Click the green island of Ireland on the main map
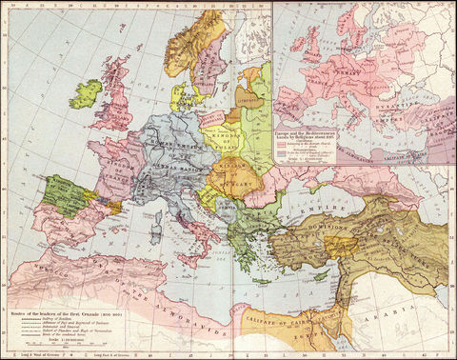click(85, 92)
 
